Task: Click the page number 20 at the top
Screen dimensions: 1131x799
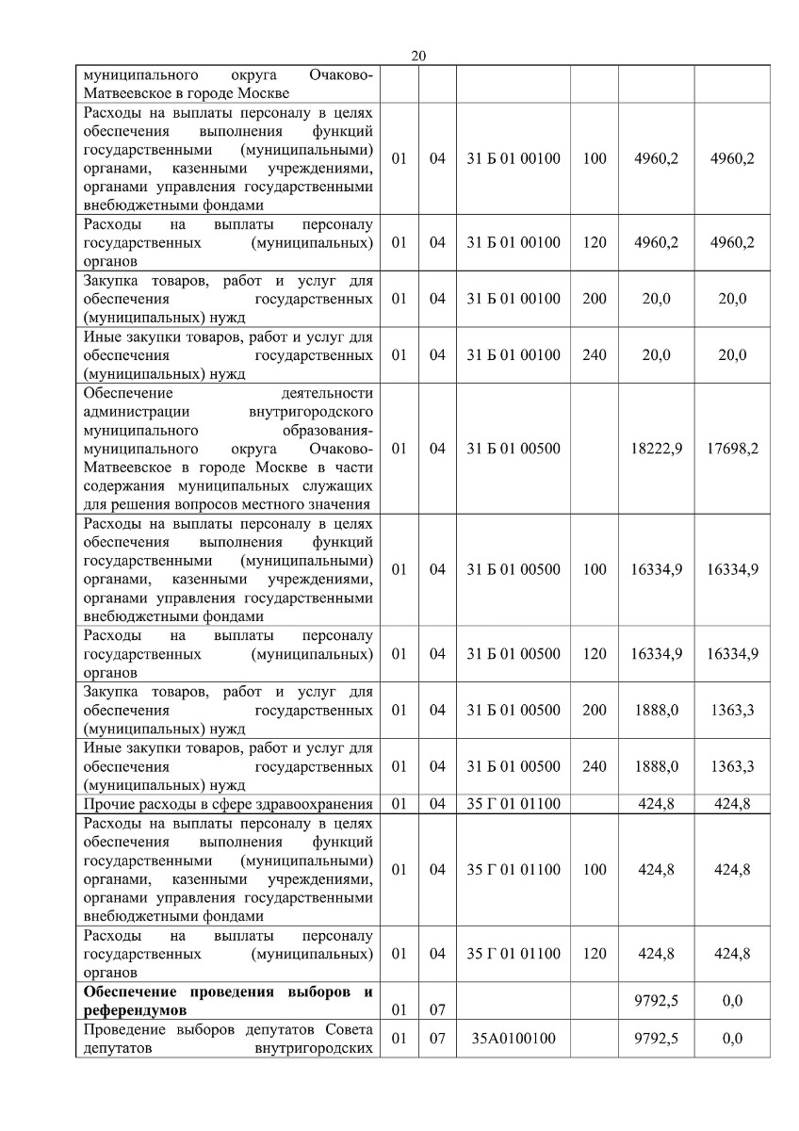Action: click(419, 57)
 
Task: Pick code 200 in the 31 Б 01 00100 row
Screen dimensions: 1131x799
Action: click(595, 299)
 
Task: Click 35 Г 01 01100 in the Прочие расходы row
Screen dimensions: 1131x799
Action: click(514, 804)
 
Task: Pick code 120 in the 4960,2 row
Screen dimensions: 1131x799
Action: click(595, 242)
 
